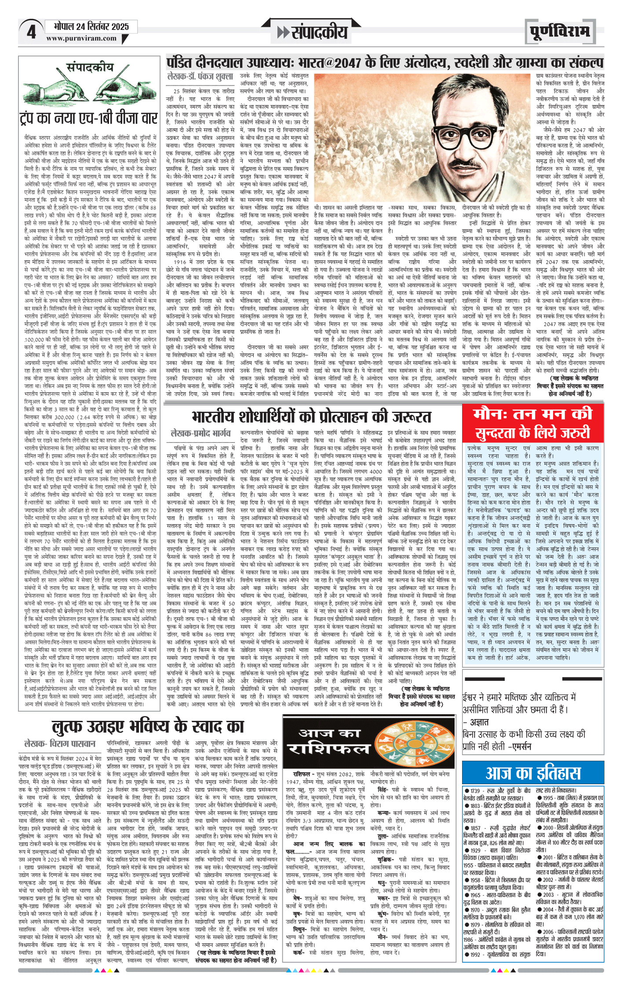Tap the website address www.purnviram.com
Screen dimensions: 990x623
coord(81,38)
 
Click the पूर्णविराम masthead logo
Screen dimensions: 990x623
coord(559,32)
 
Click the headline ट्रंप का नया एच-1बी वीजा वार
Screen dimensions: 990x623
coord(88,118)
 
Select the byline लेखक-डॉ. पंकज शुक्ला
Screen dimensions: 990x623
coord(200,77)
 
